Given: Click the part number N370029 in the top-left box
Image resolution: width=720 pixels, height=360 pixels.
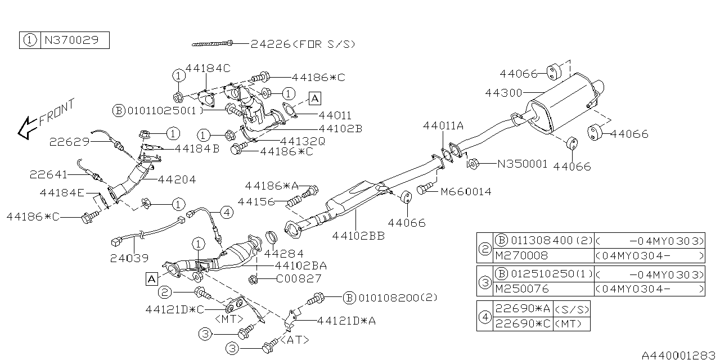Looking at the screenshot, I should pyautogui.click(x=74, y=40).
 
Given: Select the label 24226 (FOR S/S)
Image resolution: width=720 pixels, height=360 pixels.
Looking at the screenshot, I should pyautogui.click(x=303, y=43).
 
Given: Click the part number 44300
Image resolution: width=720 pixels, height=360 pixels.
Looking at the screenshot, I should pyautogui.click(x=503, y=93).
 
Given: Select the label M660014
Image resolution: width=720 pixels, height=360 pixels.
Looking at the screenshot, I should pyautogui.click(x=466, y=192).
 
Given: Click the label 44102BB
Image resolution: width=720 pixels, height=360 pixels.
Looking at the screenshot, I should pyautogui.click(x=358, y=236).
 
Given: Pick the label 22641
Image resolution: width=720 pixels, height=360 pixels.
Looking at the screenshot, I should pyautogui.click(x=49, y=175).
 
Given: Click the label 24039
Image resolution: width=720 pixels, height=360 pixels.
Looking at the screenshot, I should pyautogui.click(x=129, y=258).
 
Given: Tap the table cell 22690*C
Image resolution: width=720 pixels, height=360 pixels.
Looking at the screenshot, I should pyautogui.click(x=523, y=324).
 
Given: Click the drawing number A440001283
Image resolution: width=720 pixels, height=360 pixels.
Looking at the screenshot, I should pyautogui.click(x=679, y=354).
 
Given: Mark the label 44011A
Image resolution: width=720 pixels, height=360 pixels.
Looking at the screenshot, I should pyautogui.click(x=443, y=127).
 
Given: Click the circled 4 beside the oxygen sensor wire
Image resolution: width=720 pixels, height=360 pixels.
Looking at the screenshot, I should pyautogui.click(x=226, y=212).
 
